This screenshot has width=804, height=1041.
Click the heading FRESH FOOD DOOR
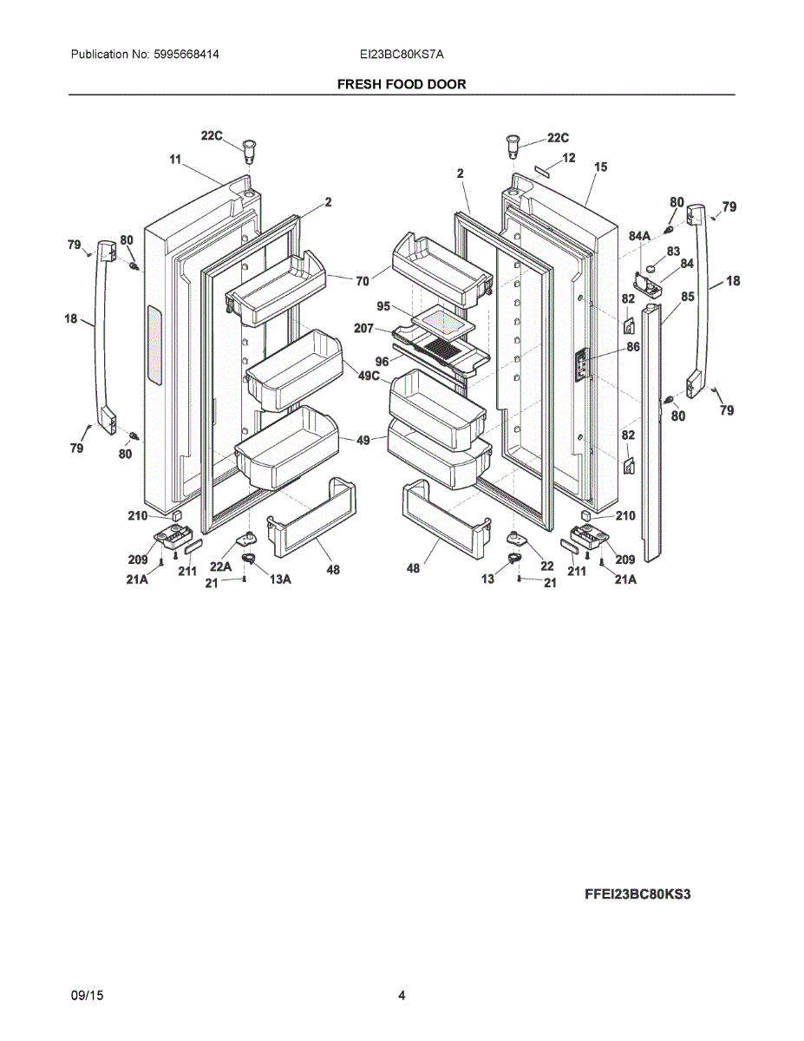402,84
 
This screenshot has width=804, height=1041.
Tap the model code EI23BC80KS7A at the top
402,55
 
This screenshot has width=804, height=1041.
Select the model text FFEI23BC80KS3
637,894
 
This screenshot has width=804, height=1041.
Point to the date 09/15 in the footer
87,996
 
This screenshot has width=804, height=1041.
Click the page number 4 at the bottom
402,996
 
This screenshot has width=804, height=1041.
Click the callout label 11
175,160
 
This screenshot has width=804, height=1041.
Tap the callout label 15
600,166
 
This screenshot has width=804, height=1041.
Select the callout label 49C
369,376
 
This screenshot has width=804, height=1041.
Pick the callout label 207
363,328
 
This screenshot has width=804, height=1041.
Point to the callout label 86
632,347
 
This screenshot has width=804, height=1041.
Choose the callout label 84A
639,236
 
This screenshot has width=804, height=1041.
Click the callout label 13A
279,579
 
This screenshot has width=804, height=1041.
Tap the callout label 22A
220,566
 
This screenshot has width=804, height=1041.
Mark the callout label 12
569,158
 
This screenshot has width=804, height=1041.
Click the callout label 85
688,297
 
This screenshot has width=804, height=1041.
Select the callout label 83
673,252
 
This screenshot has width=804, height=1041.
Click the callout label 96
382,362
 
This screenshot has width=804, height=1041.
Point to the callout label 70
363,280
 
